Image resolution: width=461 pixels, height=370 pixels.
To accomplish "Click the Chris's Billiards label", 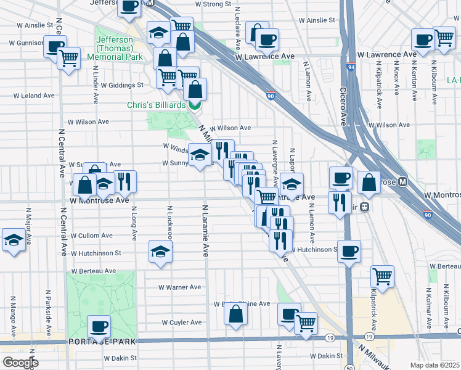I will [156, 105].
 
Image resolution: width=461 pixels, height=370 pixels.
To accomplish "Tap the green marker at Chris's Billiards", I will [195, 105].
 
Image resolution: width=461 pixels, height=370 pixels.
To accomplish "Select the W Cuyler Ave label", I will [182, 323].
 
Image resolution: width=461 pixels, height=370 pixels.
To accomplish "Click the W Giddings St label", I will [122, 85].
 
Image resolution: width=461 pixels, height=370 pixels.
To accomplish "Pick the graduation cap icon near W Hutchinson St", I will [160, 251].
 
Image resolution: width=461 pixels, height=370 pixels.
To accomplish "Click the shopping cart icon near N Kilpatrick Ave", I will [382, 276].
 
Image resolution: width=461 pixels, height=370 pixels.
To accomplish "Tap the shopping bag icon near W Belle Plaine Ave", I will [236, 313].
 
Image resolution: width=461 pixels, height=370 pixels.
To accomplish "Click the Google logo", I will [20, 363].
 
